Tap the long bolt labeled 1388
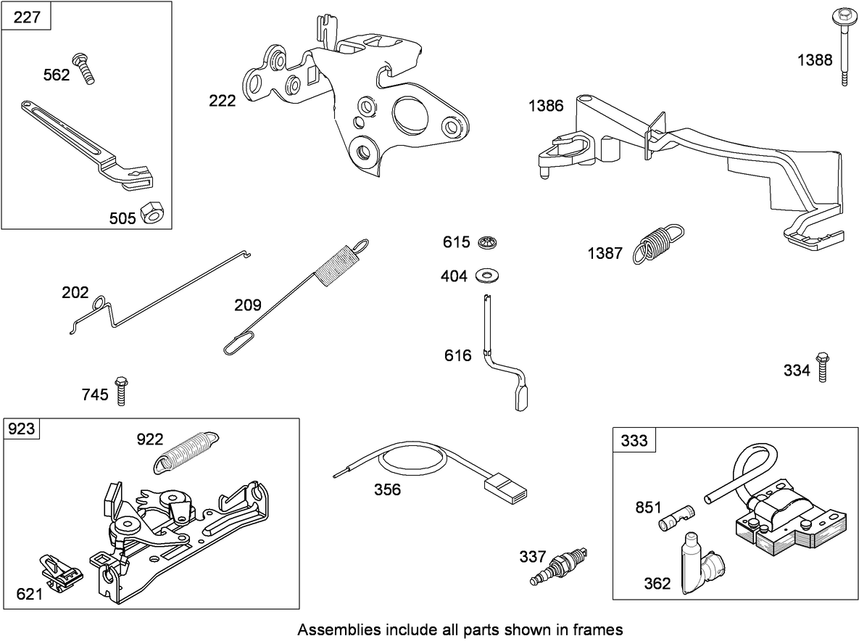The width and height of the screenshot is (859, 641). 844,47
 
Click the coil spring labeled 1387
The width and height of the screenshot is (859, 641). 657,244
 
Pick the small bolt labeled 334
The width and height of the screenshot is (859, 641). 822,367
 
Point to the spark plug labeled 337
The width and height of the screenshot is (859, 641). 558,566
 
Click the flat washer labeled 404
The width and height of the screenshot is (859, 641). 490,276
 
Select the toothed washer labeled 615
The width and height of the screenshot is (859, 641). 489,242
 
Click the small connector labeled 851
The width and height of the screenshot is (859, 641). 676,518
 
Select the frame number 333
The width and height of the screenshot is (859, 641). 634,440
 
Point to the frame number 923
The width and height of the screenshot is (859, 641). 22,429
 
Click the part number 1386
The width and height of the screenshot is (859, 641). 546,106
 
